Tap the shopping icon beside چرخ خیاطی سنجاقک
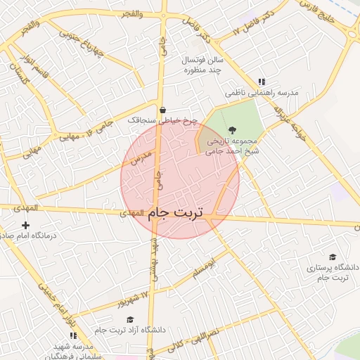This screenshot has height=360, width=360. click(163, 110)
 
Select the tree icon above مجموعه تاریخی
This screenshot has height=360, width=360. click(232, 130)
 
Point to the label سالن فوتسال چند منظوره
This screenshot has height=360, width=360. click(202, 65)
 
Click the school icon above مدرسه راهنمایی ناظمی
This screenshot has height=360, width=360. click(262, 82)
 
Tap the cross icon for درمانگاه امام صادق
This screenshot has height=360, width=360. click(26, 225)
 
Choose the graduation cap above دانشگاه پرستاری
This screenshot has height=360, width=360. click(333, 257)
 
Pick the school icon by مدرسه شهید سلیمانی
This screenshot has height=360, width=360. click(74, 335)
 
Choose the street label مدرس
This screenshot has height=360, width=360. click(141, 158)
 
